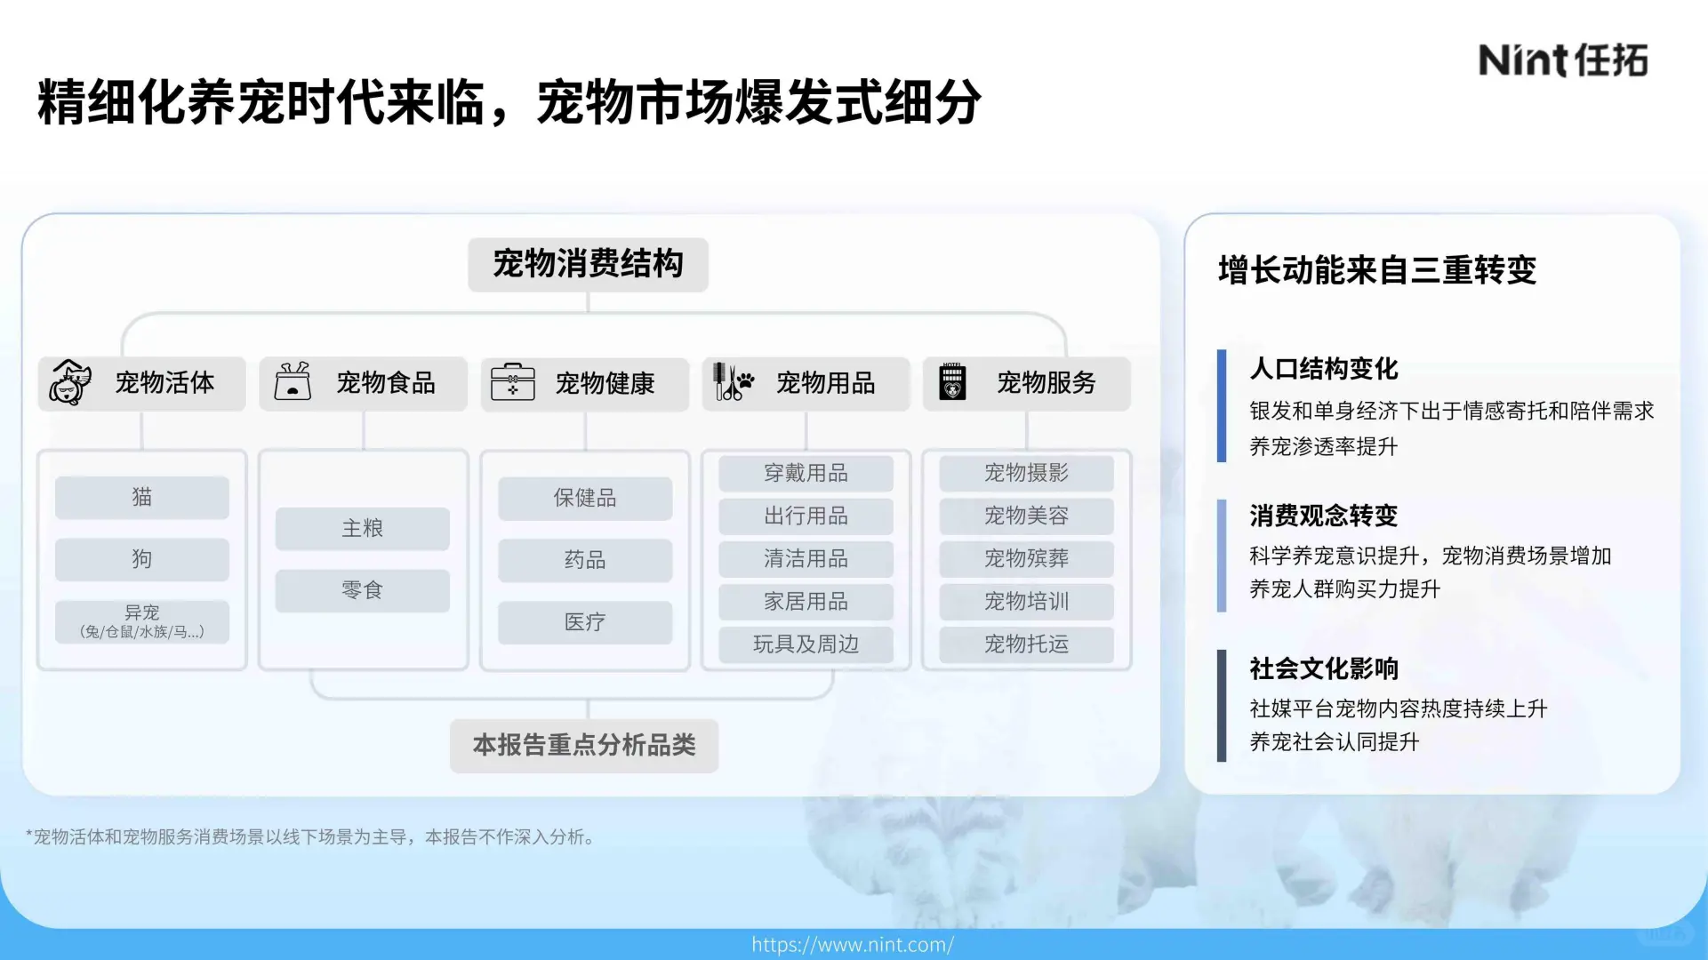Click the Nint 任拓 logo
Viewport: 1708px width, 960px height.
(x=1562, y=60)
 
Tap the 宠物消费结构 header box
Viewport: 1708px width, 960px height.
(x=588, y=264)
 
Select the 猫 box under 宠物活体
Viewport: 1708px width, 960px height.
(x=142, y=497)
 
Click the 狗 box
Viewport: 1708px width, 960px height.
(x=142, y=559)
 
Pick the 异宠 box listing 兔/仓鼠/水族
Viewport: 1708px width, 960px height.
(x=142, y=621)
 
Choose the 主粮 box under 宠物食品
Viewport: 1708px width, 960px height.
(x=362, y=528)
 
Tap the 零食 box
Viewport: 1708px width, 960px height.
(x=362, y=590)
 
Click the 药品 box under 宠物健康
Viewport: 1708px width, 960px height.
(x=584, y=560)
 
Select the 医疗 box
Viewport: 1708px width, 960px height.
(x=584, y=622)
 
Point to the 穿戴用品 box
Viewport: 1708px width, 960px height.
(x=806, y=473)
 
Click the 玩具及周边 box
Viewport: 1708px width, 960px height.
(x=806, y=644)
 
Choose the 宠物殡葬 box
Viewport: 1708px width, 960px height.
(x=1026, y=558)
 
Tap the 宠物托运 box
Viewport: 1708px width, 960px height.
(x=1026, y=644)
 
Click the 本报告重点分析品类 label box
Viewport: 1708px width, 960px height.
(x=584, y=745)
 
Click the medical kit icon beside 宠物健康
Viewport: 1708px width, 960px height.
(x=513, y=382)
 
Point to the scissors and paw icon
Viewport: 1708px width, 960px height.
(x=733, y=382)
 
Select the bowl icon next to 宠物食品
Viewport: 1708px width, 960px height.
(x=293, y=382)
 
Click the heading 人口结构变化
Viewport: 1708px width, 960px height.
(x=1323, y=368)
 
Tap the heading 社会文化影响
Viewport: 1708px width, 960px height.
(x=1323, y=668)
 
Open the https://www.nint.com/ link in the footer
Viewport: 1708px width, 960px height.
(x=853, y=944)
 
